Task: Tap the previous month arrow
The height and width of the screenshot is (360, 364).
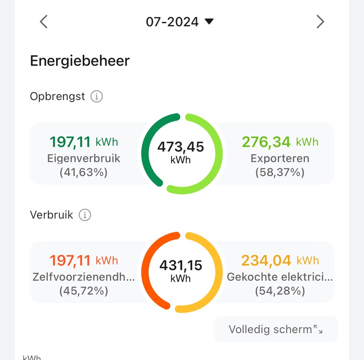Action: (x=44, y=21)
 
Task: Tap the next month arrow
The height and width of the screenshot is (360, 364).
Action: (x=320, y=21)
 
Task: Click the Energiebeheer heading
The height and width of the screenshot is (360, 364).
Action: (x=80, y=61)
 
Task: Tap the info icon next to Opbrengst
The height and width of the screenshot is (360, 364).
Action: (x=96, y=96)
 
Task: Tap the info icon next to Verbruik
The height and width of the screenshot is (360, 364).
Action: (x=85, y=215)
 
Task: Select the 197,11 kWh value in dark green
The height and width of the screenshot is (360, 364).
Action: (x=84, y=142)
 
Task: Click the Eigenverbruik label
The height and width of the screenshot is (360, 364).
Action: (x=84, y=158)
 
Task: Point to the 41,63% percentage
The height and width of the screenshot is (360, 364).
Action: (x=84, y=172)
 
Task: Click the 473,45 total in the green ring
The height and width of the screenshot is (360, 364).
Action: (x=181, y=147)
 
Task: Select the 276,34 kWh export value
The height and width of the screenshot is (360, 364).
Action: (x=280, y=142)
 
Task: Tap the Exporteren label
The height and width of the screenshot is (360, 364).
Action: (x=280, y=158)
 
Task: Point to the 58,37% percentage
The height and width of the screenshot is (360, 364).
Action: (x=280, y=172)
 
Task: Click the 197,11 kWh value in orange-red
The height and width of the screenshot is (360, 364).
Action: (x=84, y=260)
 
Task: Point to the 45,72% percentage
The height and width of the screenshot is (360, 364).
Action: (x=84, y=291)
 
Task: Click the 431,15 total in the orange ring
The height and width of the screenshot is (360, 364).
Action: (x=181, y=265)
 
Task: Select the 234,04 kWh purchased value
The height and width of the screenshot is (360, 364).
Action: (x=280, y=260)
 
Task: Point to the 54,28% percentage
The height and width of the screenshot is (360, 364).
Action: (x=280, y=291)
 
